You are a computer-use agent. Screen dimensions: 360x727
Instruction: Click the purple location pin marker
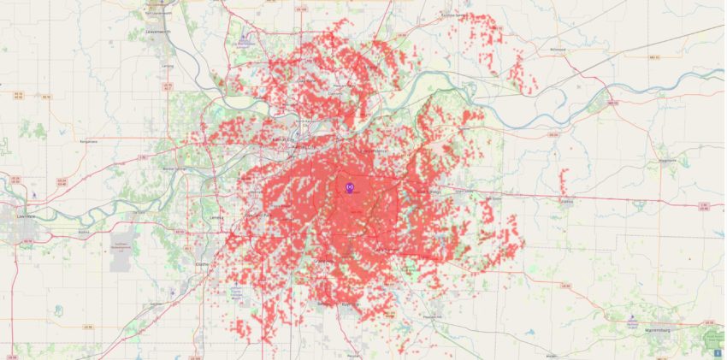pyautogui.click(x=349, y=186)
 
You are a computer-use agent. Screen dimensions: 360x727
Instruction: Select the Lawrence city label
pyautogui.click(x=26, y=216)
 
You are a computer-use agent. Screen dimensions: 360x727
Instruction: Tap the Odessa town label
pyautogui.click(x=566, y=202)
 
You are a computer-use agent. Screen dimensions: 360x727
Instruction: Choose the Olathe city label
pyautogui.click(x=203, y=265)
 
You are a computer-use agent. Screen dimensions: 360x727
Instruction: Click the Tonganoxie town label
pyautogui.click(x=87, y=141)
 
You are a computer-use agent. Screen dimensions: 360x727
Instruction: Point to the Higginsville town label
pyautogui.click(x=667, y=160)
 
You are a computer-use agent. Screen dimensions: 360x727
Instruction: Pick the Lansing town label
pyautogui.click(x=168, y=65)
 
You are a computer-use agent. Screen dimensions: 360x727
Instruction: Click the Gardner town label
pyautogui.click(x=155, y=304)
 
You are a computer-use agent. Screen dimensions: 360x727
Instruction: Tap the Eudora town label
pyautogui.click(x=84, y=231)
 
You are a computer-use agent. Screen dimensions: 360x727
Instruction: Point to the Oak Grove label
pyautogui.click(x=494, y=198)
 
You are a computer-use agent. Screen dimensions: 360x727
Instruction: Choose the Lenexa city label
pyautogui.click(x=216, y=218)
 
